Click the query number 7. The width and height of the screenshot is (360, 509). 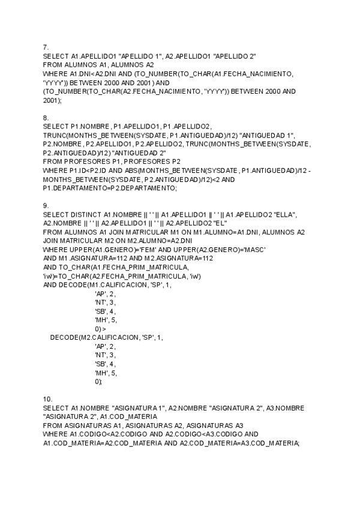pos(46,47)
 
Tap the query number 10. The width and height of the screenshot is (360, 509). pos(48,399)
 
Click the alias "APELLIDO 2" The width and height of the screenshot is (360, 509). pos(233,56)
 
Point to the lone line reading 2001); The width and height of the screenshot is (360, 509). pos(52,101)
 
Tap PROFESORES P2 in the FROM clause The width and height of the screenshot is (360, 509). pos(155,161)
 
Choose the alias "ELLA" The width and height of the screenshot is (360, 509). pos(285,214)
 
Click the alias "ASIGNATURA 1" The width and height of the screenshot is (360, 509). pos(139,408)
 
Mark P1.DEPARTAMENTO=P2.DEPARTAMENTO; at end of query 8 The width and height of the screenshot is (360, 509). pos(110,188)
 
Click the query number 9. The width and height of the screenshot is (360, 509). pos(46,206)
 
